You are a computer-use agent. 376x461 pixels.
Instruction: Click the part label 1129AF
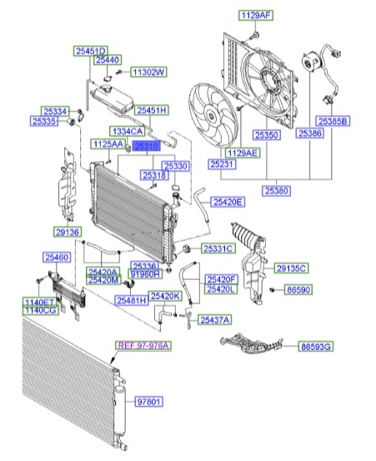(256, 15)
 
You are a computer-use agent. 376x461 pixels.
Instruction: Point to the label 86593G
(316, 344)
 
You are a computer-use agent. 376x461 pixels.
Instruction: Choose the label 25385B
(333, 121)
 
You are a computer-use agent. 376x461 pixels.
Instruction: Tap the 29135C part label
(292, 268)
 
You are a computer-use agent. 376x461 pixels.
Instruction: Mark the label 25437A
(214, 320)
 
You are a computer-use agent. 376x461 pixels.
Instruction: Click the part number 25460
(58, 259)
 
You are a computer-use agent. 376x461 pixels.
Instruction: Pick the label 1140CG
(39, 311)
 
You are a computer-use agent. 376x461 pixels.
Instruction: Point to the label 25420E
(227, 202)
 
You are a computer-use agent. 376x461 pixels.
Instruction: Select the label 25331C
(218, 248)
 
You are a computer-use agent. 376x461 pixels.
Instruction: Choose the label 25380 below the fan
(279, 190)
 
